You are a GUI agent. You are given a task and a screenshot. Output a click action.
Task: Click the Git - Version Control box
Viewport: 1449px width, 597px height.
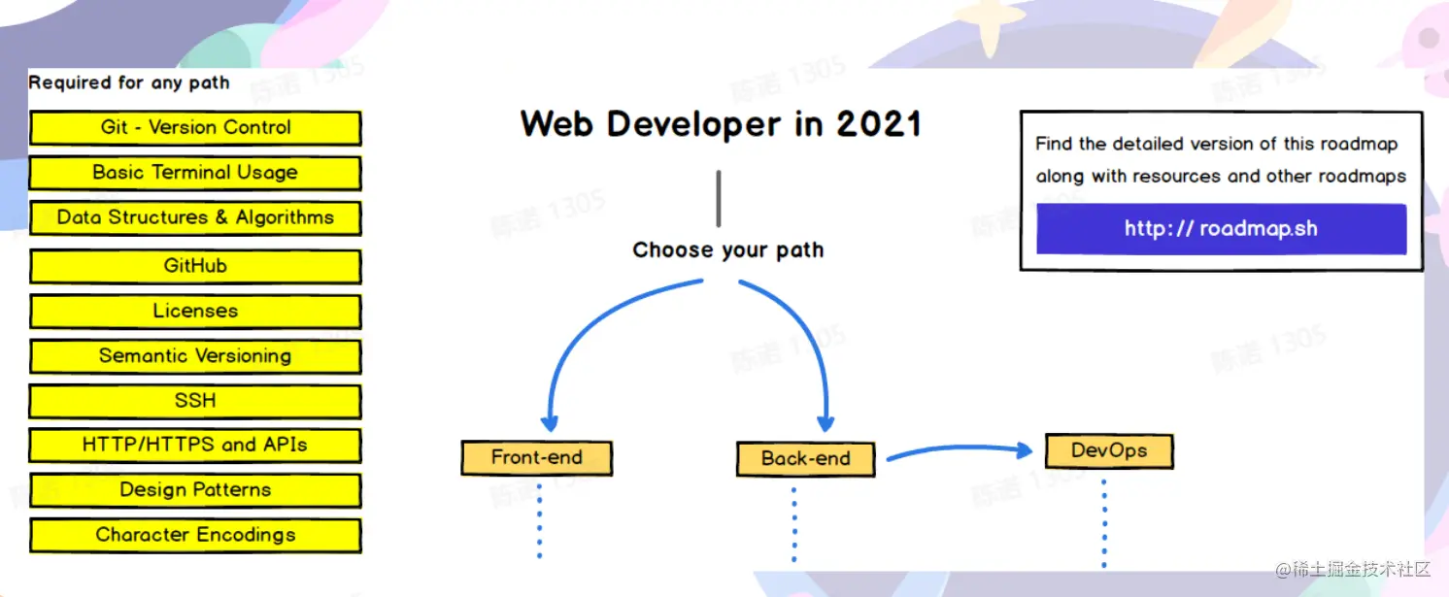coord(195,127)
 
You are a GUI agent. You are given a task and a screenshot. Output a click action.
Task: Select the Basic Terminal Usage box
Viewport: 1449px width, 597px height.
coord(195,173)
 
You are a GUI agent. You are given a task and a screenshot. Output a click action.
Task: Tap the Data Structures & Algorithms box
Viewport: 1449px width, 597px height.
coord(195,218)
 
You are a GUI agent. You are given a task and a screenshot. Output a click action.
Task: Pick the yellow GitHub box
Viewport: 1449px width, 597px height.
coord(195,266)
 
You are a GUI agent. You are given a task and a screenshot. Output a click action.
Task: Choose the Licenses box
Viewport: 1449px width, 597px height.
coord(195,311)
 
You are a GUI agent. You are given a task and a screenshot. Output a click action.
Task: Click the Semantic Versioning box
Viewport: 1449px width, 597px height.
coord(195,355)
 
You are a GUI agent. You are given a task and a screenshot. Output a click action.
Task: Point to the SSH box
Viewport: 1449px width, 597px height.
coord(195,401)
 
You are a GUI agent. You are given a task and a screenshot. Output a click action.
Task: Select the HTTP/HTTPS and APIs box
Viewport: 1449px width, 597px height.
coord(195,445)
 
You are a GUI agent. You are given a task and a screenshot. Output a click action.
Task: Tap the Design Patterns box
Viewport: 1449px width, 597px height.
coord(195,490)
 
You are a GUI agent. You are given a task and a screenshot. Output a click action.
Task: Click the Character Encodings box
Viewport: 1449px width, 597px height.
coord(195,535)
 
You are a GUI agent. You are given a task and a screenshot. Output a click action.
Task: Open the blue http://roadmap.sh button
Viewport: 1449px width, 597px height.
coord(1222,228)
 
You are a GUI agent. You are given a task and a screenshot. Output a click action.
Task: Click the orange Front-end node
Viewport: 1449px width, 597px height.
coord(537,458)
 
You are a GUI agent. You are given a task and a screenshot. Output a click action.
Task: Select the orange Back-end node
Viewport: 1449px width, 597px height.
coord(806,459)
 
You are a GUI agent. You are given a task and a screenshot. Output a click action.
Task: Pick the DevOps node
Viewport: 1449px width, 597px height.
coord(1109,450)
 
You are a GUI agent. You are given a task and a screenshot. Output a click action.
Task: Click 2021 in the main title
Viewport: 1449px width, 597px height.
coord(879,123)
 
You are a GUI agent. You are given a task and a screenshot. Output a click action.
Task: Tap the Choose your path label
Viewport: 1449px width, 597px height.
coord(728,250)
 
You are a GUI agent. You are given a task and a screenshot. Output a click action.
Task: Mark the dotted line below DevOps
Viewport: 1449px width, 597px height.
coord(1104,524)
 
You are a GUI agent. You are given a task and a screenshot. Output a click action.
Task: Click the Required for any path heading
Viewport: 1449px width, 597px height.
coord(129,83)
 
